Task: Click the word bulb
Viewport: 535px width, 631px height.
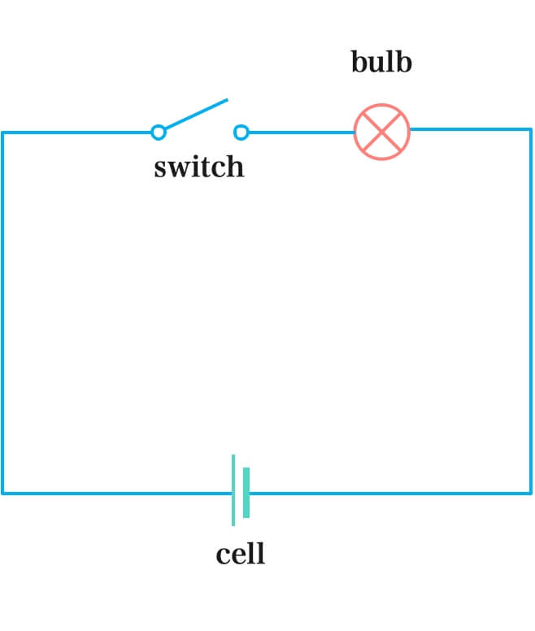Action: pos(381,63)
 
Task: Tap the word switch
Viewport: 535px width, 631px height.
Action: pos(198,167)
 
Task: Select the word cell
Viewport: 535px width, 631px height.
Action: pos(240,555)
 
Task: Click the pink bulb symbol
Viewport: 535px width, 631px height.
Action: pos(382,132)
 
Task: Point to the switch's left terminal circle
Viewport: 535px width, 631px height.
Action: pos(159,132)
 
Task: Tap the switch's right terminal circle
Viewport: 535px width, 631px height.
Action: pos(241,132)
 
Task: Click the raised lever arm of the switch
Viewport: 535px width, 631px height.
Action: pos(195,115)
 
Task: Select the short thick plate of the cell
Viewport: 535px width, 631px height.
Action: pos(246,493)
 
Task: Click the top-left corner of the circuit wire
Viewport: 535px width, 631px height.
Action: pos(2,133)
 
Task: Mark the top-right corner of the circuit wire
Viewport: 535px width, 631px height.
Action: pos(531,129)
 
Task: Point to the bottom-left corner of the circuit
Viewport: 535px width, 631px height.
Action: pos(2,493)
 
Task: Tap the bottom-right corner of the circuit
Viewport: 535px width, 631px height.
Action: pos(531,493)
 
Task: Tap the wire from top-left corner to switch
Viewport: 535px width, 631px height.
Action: pos(77,133)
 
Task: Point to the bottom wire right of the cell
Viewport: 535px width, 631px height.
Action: pos(390,493)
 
